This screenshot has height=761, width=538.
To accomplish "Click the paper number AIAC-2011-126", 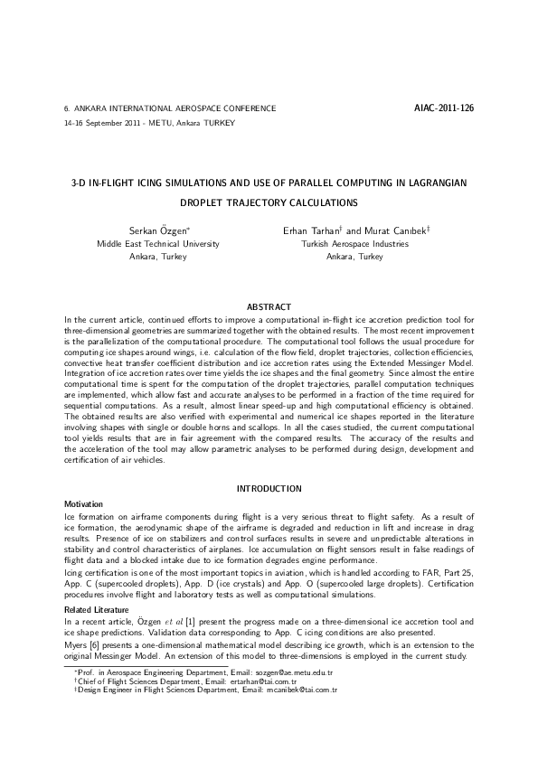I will [x=443, y=108].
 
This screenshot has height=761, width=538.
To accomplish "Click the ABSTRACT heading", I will [x=269, y=305].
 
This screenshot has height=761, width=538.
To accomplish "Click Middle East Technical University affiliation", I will [x=157, y=244].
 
